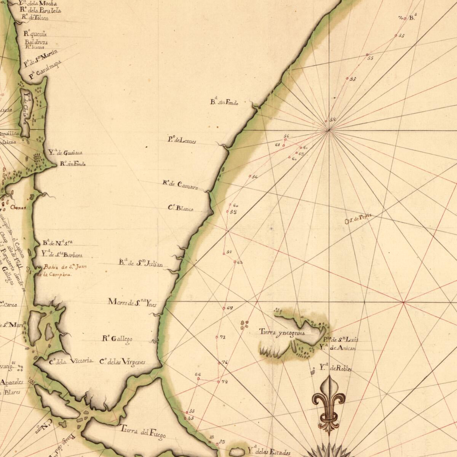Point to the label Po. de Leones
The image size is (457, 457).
[x=182, y=140]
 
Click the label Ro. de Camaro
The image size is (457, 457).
[x=180, y=185]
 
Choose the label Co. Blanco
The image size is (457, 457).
[x=181, y=208]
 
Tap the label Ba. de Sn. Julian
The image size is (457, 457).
[x=141, y=263]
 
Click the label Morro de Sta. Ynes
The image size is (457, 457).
[x=132, y=303]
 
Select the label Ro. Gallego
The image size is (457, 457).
[x=117, y=339]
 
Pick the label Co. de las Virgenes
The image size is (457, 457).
[x=122, y=362]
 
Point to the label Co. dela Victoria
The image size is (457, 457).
[x=71, y=361]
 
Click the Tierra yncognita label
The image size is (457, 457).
[x=282, y=332]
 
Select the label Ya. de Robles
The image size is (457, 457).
[x=335, y=368]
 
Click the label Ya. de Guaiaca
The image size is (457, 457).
[x=65, y=153]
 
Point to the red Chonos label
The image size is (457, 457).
[x=18, y=208]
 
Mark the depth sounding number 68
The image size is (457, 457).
[x=230, y=308]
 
